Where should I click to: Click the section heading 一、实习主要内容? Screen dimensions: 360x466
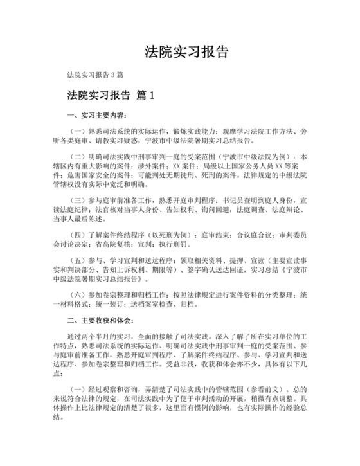coord(96,116)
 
